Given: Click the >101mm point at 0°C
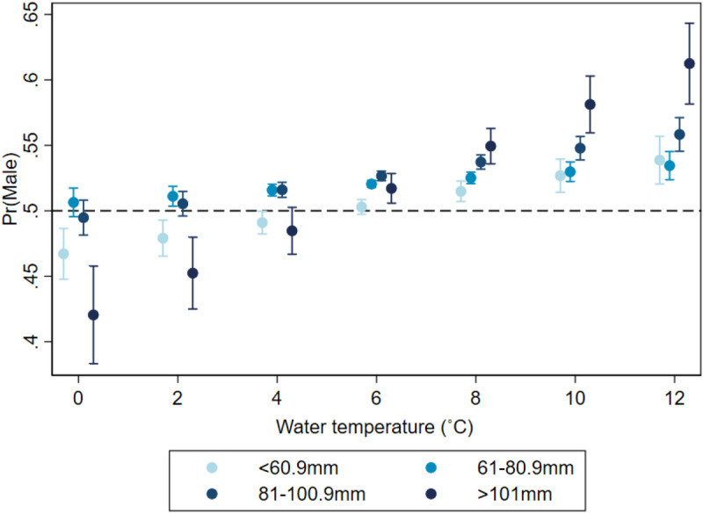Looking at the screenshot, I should (x=94, y=315).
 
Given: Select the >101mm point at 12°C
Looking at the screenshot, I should (x=689, y=63).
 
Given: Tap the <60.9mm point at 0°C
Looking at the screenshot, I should (x=63, y=254).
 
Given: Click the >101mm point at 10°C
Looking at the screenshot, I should (x=590, y=104).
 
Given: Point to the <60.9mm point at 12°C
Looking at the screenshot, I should (x=660, y=160).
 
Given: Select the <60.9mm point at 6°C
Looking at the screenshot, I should (x=361, y=208).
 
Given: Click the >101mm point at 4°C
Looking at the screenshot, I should (x=293, y=231).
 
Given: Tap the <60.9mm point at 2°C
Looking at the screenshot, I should (x=163, y=238).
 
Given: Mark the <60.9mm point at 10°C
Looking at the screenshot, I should (x=561, y=176).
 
